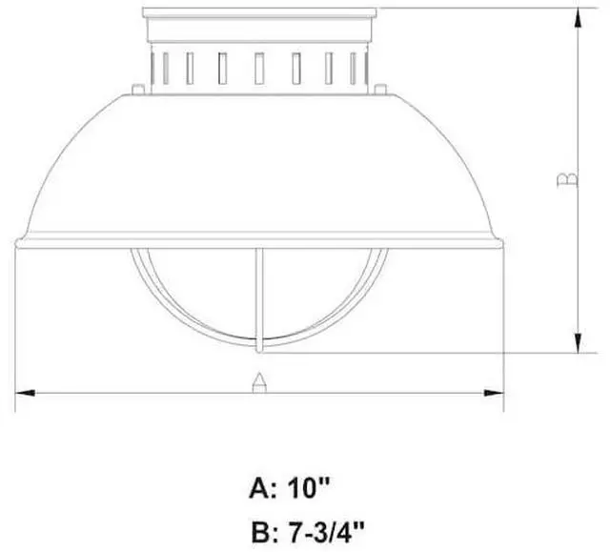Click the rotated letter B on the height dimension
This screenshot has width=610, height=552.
click(567, 179)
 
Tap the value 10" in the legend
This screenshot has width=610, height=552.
click(308, 488)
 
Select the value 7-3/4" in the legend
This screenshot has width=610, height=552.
click(326, 533)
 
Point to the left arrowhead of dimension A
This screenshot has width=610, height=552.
click(25, 393)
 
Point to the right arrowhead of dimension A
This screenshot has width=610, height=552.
click(494, 393)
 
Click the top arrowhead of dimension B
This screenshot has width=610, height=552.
click(579, 17)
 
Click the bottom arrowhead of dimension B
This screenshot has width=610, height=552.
click(579, 343)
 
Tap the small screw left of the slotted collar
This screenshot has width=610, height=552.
click(138, 89)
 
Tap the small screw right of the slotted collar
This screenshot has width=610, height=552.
click(380, 89)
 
